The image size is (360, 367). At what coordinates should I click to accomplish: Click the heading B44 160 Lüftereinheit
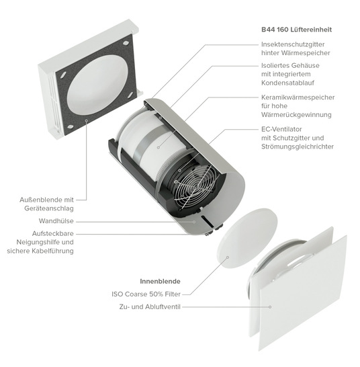click(296, 30)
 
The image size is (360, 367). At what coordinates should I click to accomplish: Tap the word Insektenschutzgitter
click(293, 44)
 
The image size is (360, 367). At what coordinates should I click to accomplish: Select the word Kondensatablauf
click(287, 83)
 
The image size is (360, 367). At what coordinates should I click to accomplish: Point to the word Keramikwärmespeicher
click(298, 97)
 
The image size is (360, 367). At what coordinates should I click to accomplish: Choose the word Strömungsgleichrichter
click(298, 147)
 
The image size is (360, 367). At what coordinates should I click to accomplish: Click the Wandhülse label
click(56, 221)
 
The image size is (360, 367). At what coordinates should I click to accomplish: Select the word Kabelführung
click(53, 251)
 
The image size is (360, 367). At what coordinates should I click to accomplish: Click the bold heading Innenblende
click(160, 282)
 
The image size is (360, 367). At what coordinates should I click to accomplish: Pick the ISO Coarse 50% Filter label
click(146, 294)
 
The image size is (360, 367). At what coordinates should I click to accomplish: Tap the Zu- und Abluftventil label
click(150, 307)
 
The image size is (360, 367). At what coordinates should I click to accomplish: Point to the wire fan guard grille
click(194, 186)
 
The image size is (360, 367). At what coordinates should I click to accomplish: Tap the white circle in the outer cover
click(98, 85)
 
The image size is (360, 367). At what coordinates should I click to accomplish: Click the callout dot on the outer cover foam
click(87, 120)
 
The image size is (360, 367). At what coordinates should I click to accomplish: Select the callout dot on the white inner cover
click(270, 307)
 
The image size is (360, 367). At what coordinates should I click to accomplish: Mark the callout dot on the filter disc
click(228, 257)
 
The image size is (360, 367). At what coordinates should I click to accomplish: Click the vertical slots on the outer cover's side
click(53, 98)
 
